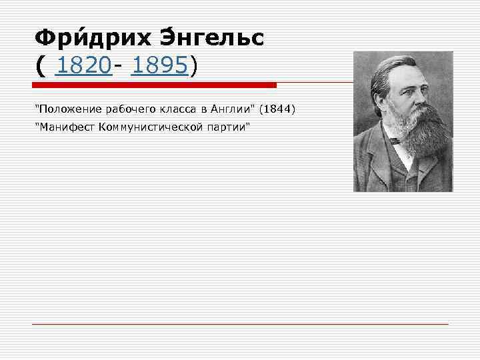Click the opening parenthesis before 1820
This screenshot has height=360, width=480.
coord(42,67)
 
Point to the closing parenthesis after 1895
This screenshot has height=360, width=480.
coord(194,67)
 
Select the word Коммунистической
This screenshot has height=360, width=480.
coord(141,127)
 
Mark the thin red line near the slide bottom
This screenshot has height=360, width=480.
coord(240,324)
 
